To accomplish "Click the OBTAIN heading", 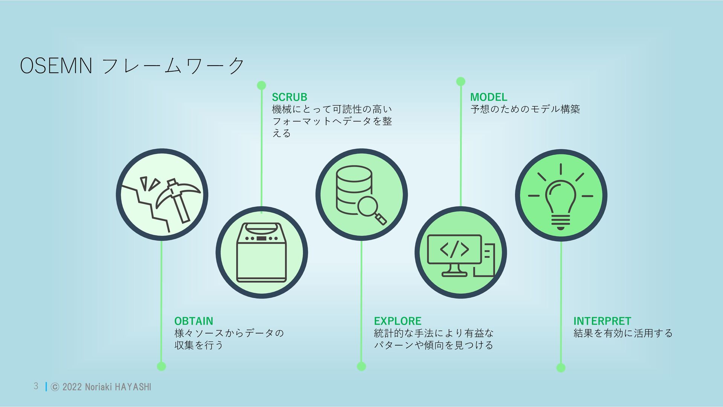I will pos(194,321).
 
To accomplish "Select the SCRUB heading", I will pos(289,97).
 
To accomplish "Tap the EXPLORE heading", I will pos(397,321).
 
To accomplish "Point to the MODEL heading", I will pos(488,97).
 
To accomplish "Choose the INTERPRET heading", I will pos(602,321).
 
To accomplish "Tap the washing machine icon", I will pos(261,252).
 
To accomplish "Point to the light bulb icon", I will pos(561,200).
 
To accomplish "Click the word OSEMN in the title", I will pos(56,66).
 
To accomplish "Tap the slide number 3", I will pos(36,386).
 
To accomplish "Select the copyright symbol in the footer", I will pos(55,387).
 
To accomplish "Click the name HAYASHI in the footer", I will pos(133,387).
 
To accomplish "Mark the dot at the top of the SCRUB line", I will pos(261,85).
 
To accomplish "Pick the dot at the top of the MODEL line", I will pos(461,81).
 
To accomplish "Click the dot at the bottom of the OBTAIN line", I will pos(161,366).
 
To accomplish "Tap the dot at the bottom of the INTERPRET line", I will pos(561,367).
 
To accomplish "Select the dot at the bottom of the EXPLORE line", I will pos(361,366).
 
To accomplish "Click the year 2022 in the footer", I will pos(72,387).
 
